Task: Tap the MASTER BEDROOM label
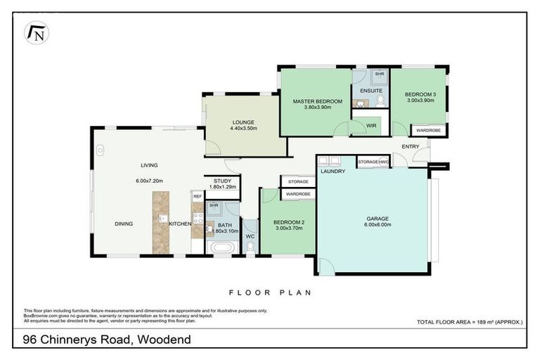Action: tap(317, 101)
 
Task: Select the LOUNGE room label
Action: tap(244, 122)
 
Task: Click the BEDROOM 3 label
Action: tap(421, 94)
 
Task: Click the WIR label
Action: tap(372, 126)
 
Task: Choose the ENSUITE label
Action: tap(371, 91)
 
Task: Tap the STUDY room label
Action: tap(222, 181)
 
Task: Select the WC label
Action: tap(250, 237)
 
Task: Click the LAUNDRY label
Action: tap(331, 172)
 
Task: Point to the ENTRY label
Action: tap(411, 146)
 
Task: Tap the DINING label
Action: tap(124, 224)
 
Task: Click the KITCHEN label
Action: tap(179, 224)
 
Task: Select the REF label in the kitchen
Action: tap(198, 196)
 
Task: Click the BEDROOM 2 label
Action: tap(288, 222)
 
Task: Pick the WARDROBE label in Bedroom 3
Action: tap(428, 130)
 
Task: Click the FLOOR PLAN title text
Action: tap(270, 292)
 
